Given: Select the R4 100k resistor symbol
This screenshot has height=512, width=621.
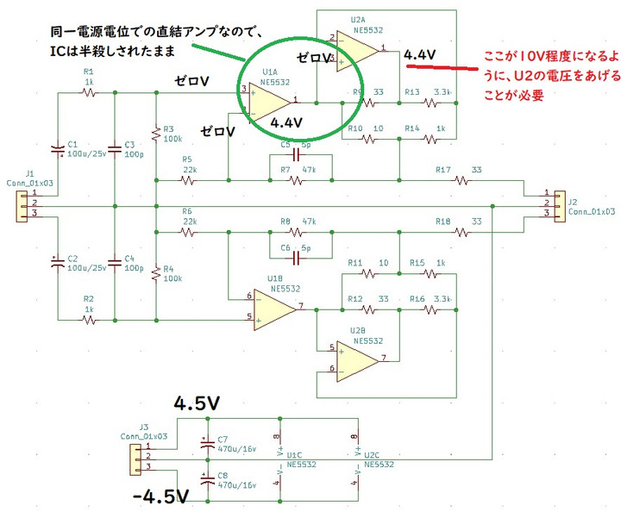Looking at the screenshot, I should tap(155, 276).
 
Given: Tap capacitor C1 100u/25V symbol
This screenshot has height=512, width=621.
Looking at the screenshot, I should tap(58, 150).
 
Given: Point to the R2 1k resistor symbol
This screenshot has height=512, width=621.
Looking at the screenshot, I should tap(88, 320).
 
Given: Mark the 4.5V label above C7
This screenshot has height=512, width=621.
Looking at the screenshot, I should tap(198, 403).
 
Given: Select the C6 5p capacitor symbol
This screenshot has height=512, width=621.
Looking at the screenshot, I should tap(295, 258).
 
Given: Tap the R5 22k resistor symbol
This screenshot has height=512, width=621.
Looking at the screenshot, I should tap(187, 181).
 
